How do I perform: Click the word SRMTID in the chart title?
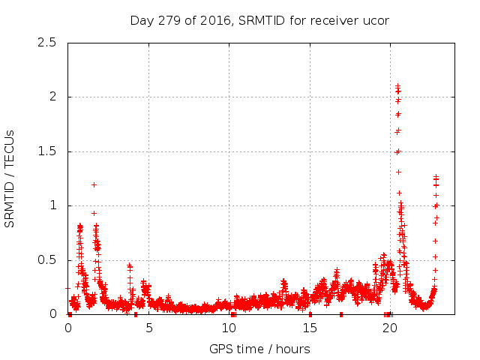pos(265,20)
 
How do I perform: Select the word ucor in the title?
pos(375,20)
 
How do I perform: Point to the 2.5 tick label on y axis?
pos(47,43)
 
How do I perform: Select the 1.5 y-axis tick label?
pos(47,151)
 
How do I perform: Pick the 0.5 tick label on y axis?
pos(47,260)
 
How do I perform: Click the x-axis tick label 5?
pos(148,328)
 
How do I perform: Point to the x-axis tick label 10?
pos(229,328)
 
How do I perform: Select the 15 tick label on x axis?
pos(310,328)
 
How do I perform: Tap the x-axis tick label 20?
pos(390,328)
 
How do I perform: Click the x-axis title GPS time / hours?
pos(259,349)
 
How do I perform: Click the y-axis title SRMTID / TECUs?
pos(10,178)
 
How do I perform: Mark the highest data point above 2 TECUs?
pos(397,86)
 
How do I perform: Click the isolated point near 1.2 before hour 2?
pos(94,184)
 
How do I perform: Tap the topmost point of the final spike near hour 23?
pos(436,177)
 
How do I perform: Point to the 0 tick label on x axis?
pos(68,328)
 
